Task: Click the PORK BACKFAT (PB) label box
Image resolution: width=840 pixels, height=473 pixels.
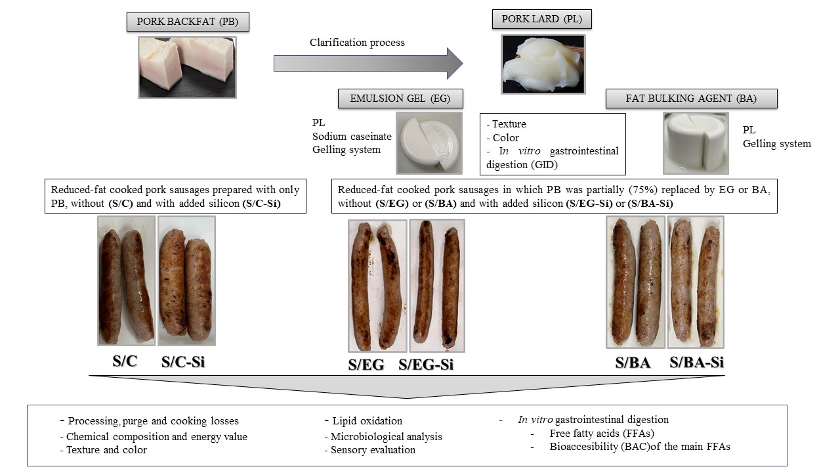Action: [188, 22]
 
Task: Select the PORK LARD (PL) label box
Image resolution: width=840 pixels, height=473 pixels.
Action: [541, 19]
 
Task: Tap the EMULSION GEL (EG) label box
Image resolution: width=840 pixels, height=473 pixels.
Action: [400, 99]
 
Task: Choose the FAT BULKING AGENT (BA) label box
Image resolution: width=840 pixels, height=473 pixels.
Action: [692, 99]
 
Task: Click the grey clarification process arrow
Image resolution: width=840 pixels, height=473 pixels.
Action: [368, 63]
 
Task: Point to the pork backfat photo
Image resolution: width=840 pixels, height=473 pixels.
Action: [187, 67]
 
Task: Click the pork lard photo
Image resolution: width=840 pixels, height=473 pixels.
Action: [543, 64]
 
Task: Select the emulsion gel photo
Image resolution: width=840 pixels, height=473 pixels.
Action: [429, 142]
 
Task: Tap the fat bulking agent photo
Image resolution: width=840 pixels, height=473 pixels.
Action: [696, 142]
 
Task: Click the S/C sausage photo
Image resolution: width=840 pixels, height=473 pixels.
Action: [127, 281]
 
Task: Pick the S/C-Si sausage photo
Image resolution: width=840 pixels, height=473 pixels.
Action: [186, 281]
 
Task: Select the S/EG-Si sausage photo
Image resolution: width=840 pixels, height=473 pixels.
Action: [437, 286]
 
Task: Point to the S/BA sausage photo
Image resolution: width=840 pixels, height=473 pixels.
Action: [635, 282]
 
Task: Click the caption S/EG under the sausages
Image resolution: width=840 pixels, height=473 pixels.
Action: [366, 365]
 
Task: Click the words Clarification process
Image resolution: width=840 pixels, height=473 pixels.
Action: [357, 43]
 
